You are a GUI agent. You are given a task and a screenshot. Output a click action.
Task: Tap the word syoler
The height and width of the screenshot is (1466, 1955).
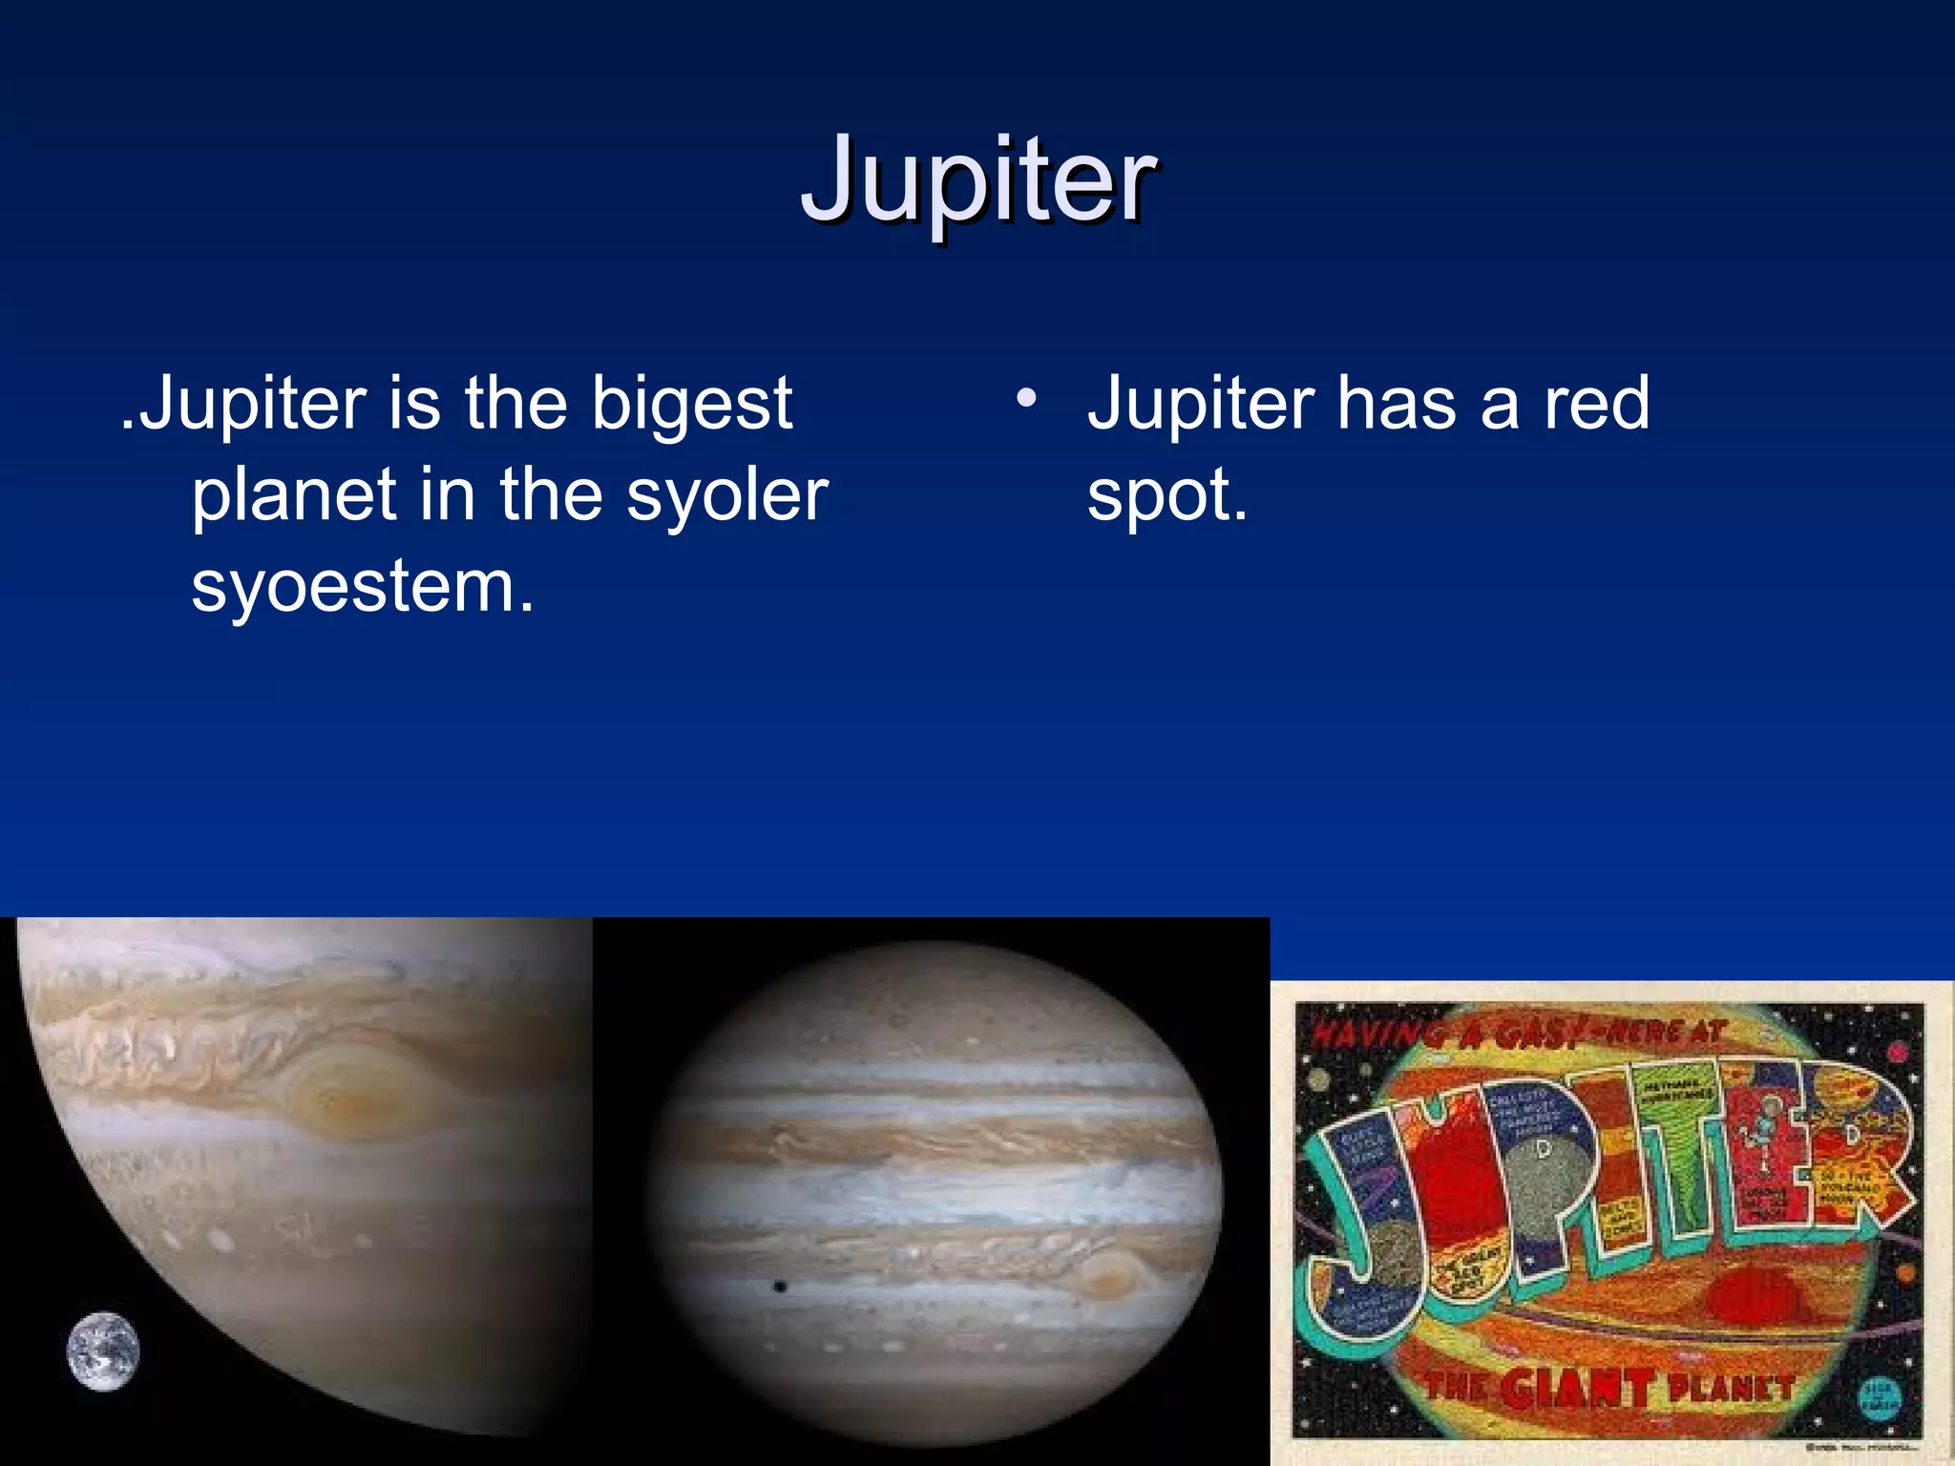pos(726,495)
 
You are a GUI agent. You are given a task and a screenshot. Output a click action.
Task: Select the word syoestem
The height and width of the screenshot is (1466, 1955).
pos(362,586)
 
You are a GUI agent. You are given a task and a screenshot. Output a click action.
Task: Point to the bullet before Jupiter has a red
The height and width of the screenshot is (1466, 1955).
pos(1026,399)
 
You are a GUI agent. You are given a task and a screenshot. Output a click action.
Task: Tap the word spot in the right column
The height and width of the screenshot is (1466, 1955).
pos(1164,495)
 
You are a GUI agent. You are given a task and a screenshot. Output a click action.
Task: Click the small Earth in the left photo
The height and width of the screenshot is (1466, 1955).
pos(103,1351)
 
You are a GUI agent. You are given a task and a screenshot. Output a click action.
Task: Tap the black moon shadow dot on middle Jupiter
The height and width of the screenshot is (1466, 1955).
pos(780,1288)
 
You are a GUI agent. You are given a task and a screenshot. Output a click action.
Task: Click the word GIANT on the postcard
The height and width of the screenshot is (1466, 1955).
pos(1576,1389)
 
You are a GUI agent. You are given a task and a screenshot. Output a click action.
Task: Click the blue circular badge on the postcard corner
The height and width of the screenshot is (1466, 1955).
pos(1879,1398)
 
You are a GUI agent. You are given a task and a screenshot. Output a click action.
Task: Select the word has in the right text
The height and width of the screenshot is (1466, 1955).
pos(1397,403)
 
